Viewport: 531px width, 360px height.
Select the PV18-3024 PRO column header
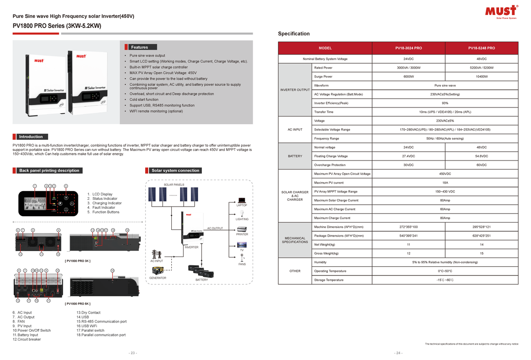pyautogui.click(x=408, y=48)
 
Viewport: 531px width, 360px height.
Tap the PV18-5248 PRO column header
pyautogui.click(x=481, y=48)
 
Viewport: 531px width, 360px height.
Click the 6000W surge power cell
pyautogui.click(x=408, y=77)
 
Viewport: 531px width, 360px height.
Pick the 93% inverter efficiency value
pyautogui.click(x=445, y=103)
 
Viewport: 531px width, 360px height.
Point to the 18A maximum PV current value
pyautogui.click(x=445, y=183)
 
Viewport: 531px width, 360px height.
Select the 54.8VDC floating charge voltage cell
pyautogui.click(x=481, y=156)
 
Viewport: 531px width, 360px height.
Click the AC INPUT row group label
pyautogui.click(x=295, y=130)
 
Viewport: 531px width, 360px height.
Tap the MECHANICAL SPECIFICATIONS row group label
pyautogui.click(x=295, y=240)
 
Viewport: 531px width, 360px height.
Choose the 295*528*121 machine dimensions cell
pyautogui.click(x=481, y=227)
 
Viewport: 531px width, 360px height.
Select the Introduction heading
pyautogui.click(x=31, y=137)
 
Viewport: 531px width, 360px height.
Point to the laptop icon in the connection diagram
pyautogui.click(x=242, y=200)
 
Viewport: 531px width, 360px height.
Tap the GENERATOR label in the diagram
pyautogui.click(x=158, y=278)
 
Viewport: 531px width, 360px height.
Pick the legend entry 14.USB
pyautogui.click(x=82, y=317)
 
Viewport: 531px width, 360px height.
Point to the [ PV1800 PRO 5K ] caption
pyautogui.click(x=77, y=304)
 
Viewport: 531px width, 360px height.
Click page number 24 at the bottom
pyautogui.click(x=398, y=353)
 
